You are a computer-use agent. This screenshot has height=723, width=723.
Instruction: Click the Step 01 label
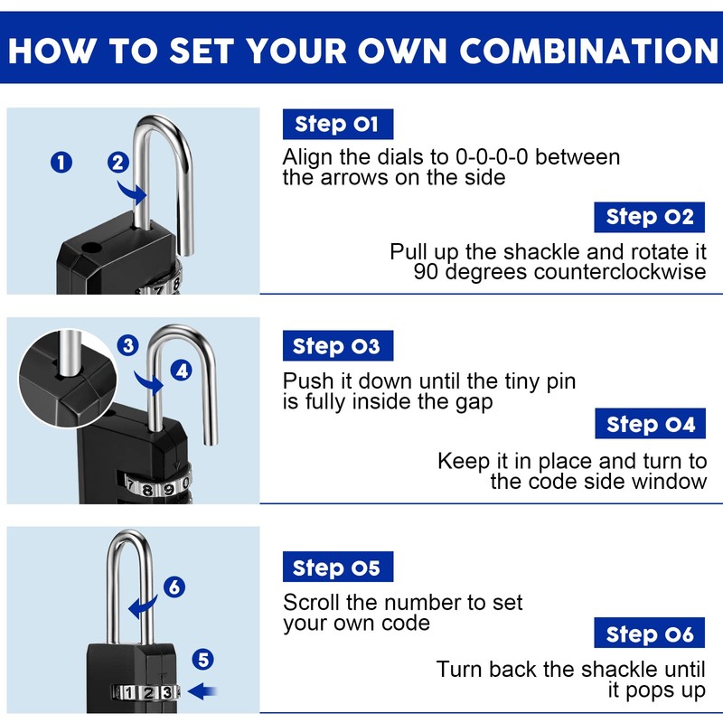pyautogui.click(x=338, y=124)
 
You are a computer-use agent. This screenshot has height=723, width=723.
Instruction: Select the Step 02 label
pyautogui.click(x=649, y=217)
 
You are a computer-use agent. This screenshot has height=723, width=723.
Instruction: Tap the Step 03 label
pyautogui.click(x=338, y=345)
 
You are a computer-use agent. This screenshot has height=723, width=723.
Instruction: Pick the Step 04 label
pyautogui.click(x=650, y=423)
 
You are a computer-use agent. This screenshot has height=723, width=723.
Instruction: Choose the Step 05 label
pyautogui.click(x=338, y=567)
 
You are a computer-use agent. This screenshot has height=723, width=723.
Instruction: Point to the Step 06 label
pyautogui.click(x=649, y=633)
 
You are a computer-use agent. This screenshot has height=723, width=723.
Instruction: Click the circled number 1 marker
pyautogui.click(x=61, y=163)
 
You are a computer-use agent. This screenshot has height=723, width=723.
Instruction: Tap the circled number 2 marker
pyautogui.click(x=118, y=163)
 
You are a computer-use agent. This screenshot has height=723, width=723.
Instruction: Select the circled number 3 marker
pyautogui.click(x=127, y=345)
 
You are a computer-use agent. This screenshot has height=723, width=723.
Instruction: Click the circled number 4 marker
pyautogui.click(x=182, y=371)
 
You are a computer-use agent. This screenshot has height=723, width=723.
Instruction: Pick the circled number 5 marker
pyautogui.click(x=202, y=660)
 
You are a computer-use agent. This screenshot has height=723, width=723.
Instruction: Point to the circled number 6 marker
pyautogui.click(x=174, y=587)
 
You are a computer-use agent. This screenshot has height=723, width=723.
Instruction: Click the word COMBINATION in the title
pyautogui.click(x=589, y=51)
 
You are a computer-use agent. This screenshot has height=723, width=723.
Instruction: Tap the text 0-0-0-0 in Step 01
pyautogui.click(x=492, y=157)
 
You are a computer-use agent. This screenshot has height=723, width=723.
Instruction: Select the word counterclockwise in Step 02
pyautogui.click(x=620, y=272)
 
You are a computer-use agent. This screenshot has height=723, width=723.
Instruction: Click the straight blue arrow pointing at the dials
pyautogui.click(x=202, y=691)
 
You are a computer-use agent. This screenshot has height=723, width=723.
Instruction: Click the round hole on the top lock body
pyautogui.click(x=91, y=248)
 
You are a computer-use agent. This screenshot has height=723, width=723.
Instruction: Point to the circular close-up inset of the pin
pyautogui.click(x=68, y=378)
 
